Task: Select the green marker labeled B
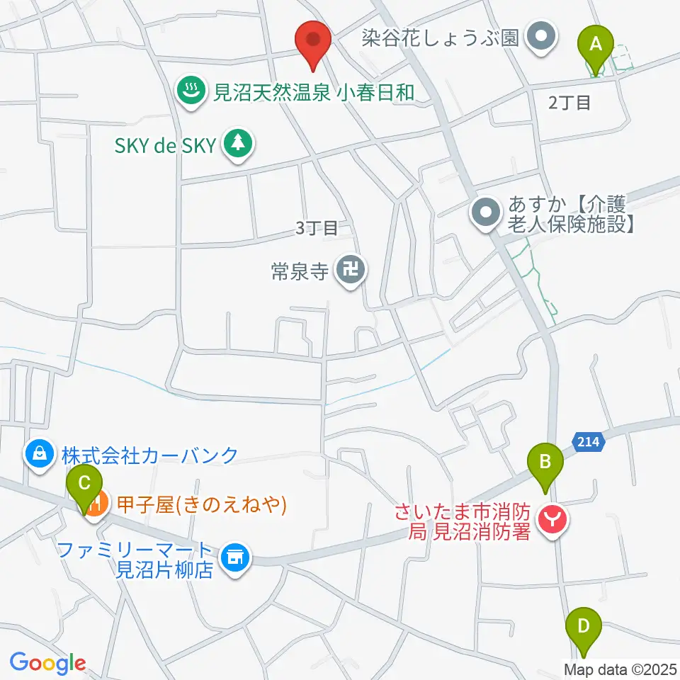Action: (x=545, y=465)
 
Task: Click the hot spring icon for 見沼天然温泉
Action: (x=190, y=90)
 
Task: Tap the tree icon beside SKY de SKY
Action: (x=237, y=143)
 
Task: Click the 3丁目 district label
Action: (x=315, y=228)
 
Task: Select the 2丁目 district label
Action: (x=569, y=103)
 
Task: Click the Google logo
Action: (x=47, y=663)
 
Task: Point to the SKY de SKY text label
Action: (x=164, y=146)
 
